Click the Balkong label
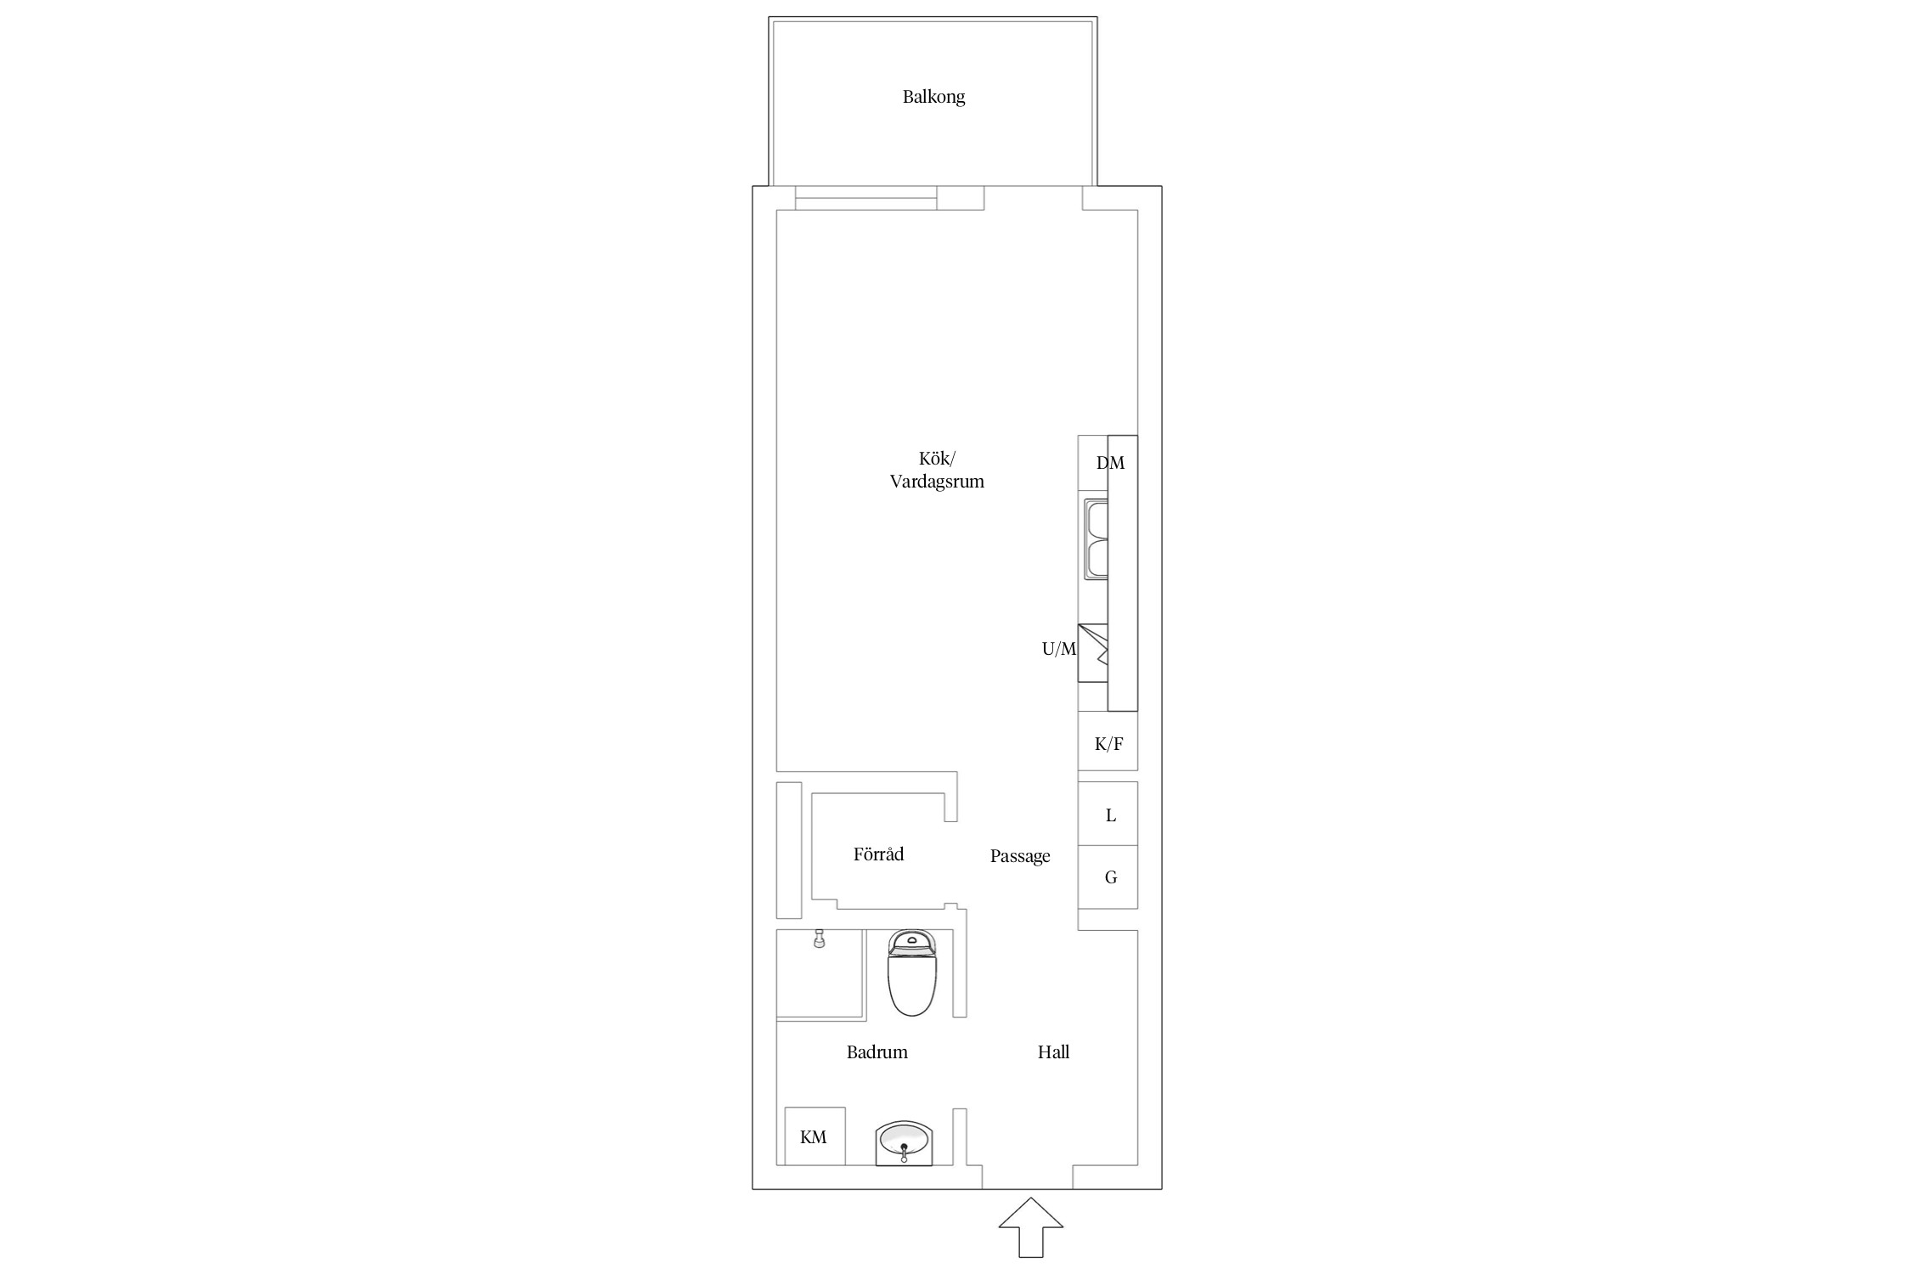tap(933, 97)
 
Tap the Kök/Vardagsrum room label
tap(937, 470)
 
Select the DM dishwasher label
tap(1110, 463)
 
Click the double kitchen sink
tap(1096, 540)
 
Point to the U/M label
tap(1059, 649)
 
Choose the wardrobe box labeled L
tap(1108, 814)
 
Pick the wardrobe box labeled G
tap(1108, 877)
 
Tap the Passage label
tap(1020, 856)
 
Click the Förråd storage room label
tap(878, 854)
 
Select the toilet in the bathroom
tap(911, 972)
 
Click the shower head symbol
tap(820, 939)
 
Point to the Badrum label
tap(877, 1052)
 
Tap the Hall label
tap(1053, 1052)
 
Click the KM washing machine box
tap(815, 1136)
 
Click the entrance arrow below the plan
tap(1030, 1226)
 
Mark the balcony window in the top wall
tap(866, 198)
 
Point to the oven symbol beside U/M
tap(1093, 652)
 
